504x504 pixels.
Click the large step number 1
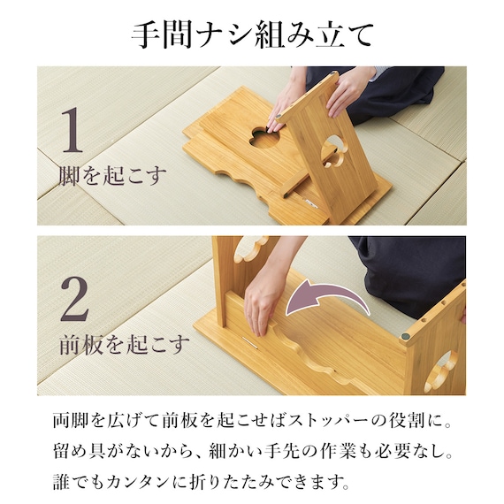73,130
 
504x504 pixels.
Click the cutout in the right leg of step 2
439,371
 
